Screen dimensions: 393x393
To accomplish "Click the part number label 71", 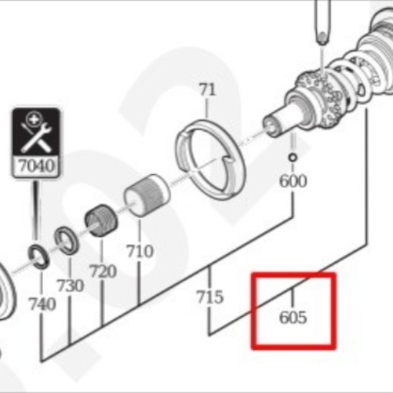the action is pyautogui.click(x=207, y=90).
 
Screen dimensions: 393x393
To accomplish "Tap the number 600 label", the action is pyautogui.click(x=293, y=181).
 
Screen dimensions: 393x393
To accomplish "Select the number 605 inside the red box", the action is pyautogui.click(x=293, y=318).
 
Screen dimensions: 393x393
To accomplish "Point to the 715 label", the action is pyautogui.click(x=210, y=297).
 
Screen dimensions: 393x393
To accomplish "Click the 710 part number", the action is pyautogui.click(x=140, y=251).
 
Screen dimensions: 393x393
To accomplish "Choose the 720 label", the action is pyautogui.click(x=103, y=271).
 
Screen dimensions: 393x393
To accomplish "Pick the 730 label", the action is pyautogui.click(x=71, y=286).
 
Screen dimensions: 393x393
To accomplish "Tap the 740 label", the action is pyautogui.click(x=42, y=304).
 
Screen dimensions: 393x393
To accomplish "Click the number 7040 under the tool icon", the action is pyautogui.click(x=37, y=166).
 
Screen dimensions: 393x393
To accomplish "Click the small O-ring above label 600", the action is pyautogui.click(x=292, y=157).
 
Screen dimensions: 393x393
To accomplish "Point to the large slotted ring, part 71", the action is pyautogui.click(x=210, y=160).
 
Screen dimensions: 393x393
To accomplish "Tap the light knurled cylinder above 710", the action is pyautogui.click(x=147, y=195).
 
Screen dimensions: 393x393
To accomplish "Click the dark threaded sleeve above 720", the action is pyautogui.click(x=101, y=220).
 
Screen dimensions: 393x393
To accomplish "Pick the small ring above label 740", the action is pyautogui.click(x=38, y=257).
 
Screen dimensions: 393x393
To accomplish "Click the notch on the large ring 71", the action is pyautogui.click(x=226, y=160).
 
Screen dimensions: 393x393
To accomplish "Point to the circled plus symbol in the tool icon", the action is pyautogui.click(x=33, y=118).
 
